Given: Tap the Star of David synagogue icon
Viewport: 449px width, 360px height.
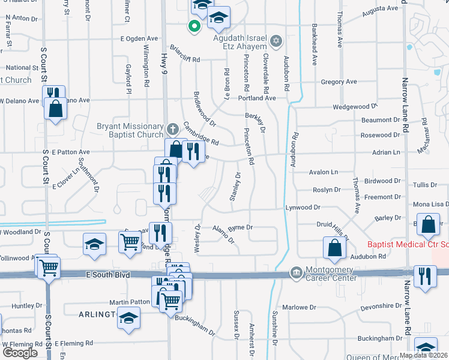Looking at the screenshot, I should click(x=276, y=41).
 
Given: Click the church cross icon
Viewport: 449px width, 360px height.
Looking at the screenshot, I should click(x=172, y=128).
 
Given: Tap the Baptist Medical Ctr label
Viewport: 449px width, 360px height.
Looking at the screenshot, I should click(x=407, y=245).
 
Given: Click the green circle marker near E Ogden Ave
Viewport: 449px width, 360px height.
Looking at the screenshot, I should click(x=194, y=26).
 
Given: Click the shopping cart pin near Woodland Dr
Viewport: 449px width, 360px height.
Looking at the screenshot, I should click(x=130, y=242).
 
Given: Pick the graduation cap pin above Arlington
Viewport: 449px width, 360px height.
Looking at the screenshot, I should click(x=128, y=318).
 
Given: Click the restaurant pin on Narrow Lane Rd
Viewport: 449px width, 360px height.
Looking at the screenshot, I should click(x=425, y=275).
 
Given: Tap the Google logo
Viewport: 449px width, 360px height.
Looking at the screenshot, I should click(x=20, y=353).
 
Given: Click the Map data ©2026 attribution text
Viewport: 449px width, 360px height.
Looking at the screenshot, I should click(x=423, y=355).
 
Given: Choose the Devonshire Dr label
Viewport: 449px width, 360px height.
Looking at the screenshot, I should click(x=381, y=307).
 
